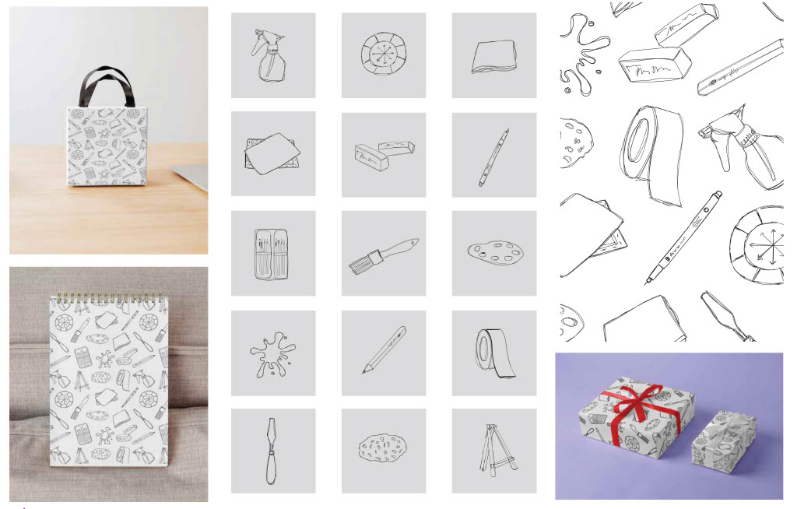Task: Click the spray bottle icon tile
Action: (273, 54)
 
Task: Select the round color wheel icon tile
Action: (384, 54)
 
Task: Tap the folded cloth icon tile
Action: (493, 56)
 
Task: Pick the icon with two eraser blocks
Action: (384, 154)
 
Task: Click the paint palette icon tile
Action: (493, 253)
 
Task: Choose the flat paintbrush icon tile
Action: (384, 254)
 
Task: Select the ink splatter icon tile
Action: (273, 353)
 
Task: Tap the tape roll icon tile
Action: (493, 353)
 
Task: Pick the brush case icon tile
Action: (273, 254)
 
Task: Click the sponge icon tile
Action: (384, 450)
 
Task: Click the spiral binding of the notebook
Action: (108, 297)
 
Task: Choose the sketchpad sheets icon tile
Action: (273, 154)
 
